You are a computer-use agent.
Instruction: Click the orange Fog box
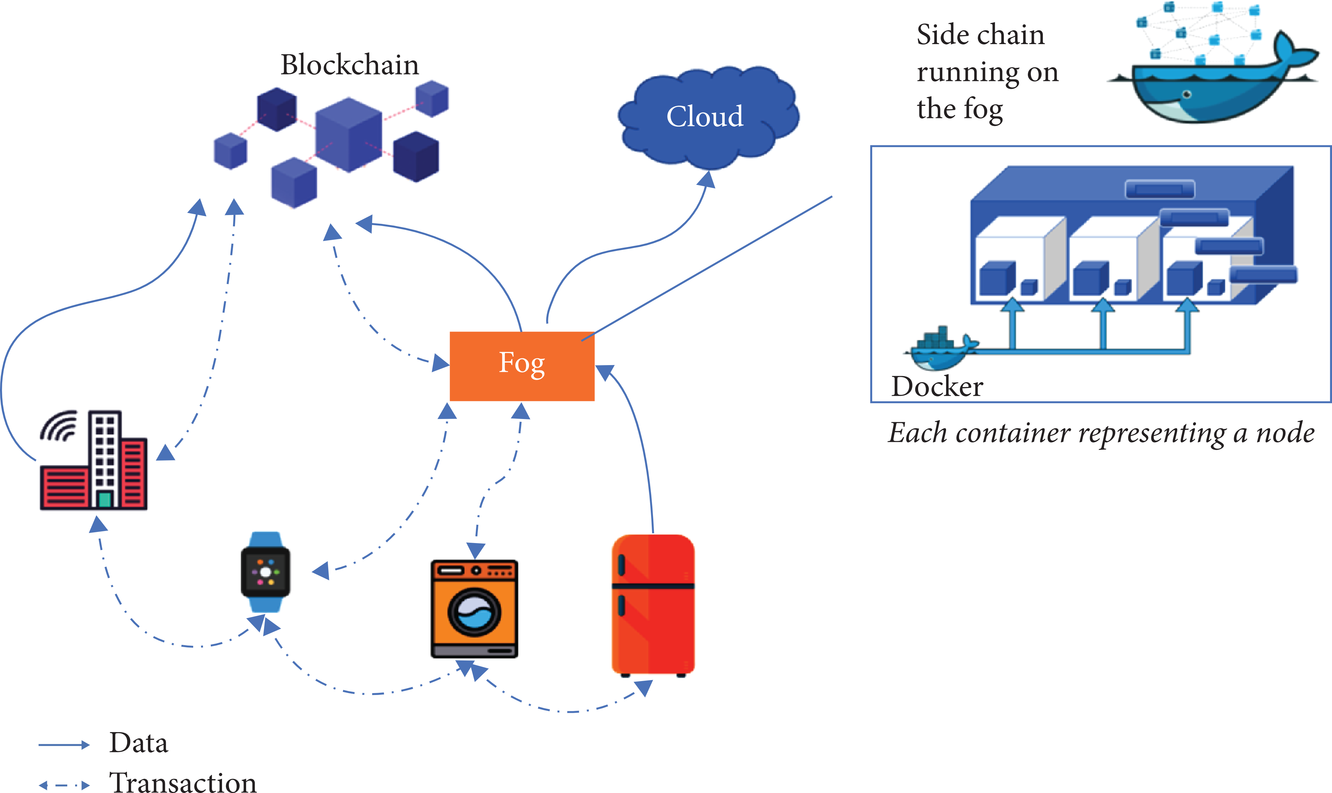pyautogui.click(x=522, y=366)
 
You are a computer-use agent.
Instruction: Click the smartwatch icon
pyautogui.click(x=265, y=572)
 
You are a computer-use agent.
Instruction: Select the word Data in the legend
pyautogui.click(x=138, y=743)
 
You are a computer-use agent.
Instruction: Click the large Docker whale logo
pyautogui.click(x=1213, y=80)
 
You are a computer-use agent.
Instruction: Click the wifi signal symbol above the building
pyautogui.click(x=59, y=426)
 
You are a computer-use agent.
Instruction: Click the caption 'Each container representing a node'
pyautogui.click(x=1101, y=433)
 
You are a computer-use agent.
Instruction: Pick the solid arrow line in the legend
pyautogui.click(x=63, y=744)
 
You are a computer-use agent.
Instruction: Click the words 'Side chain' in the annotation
pyautogui.click(x=980, y=35)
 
